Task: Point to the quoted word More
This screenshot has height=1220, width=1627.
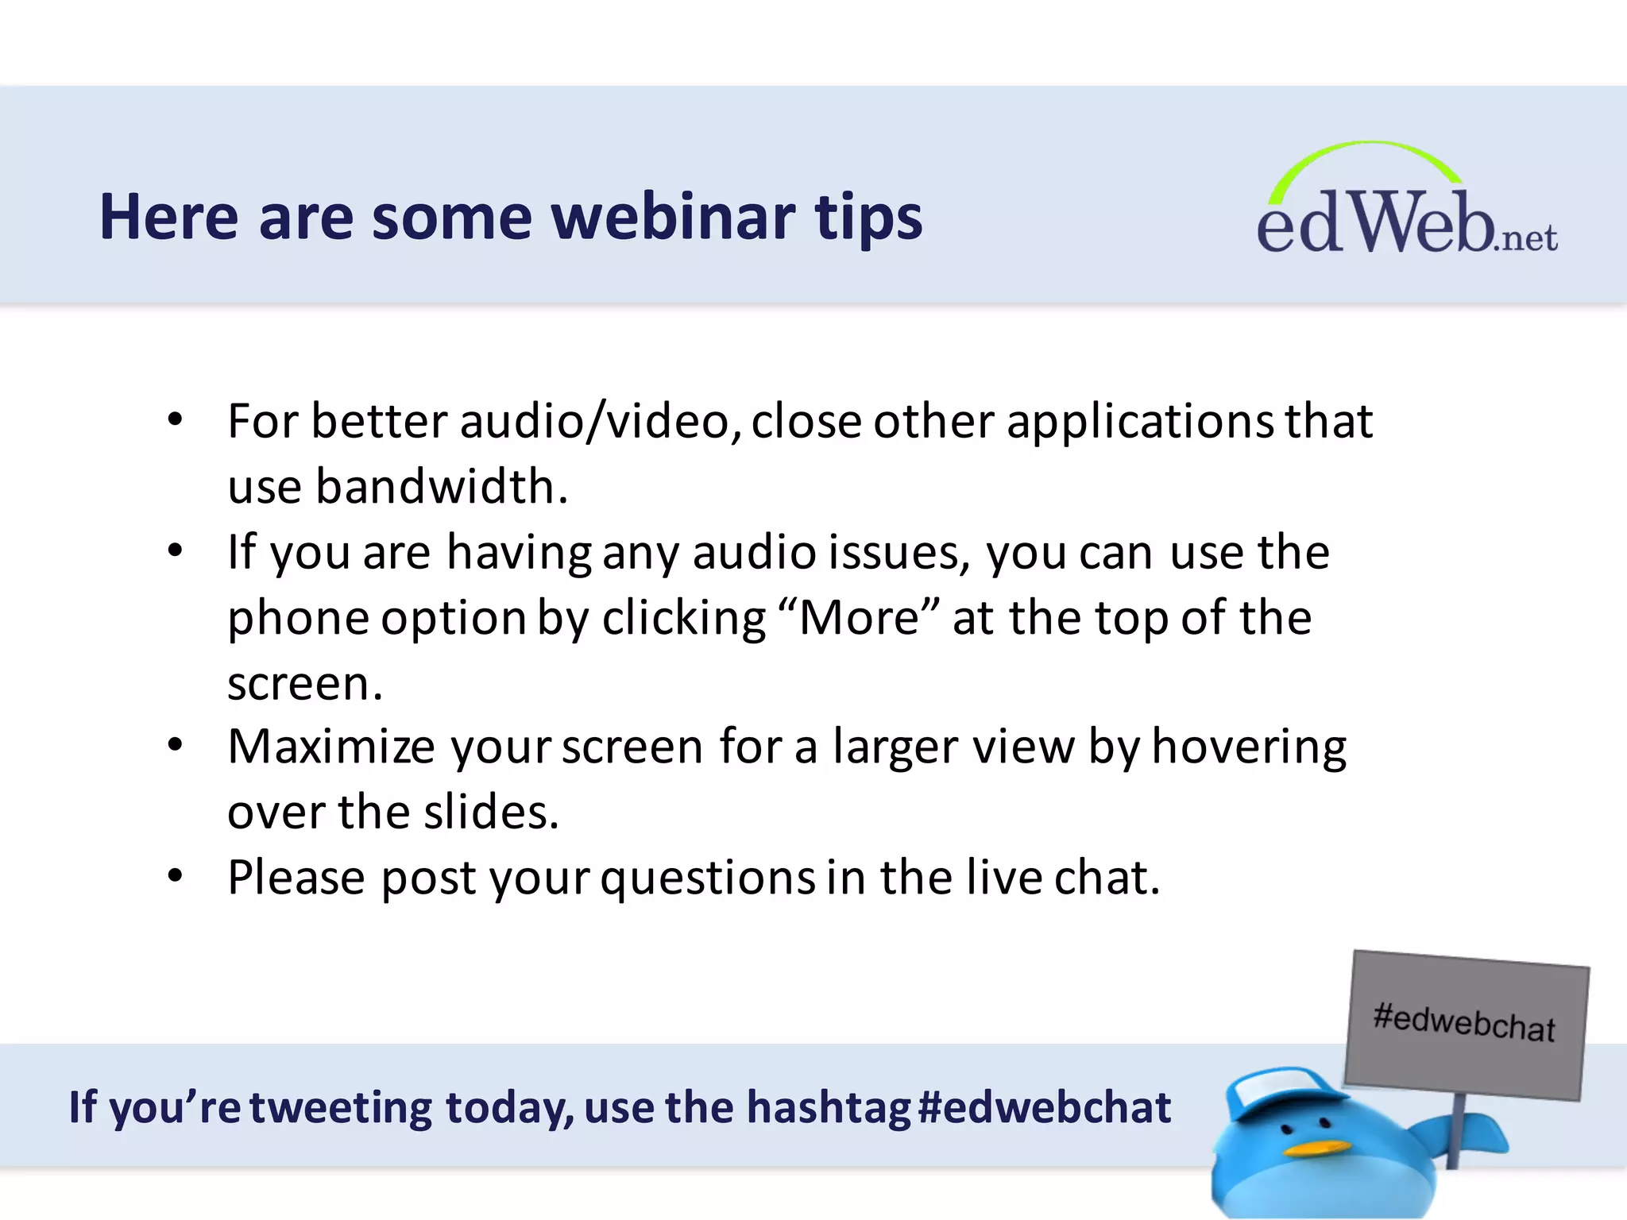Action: (x=859, y=618)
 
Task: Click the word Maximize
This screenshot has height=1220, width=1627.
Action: (x=331, y=747)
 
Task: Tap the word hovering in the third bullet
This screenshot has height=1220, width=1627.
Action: (x=1249, y=747)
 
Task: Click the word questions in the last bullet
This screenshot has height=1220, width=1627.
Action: (x=708, y=878)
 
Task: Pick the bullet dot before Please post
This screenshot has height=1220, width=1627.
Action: (x=176, y=875)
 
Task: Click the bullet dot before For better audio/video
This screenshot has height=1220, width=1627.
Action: (x=176, y=419)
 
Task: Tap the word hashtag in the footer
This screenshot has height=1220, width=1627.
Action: (x=828, y=1108)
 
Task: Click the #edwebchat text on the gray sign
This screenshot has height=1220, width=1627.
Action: (x=1463, y=1022)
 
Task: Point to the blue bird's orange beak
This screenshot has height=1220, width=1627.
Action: (x=1316, y=1149)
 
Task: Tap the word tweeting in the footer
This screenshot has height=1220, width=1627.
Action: (x=341, y=1108)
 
